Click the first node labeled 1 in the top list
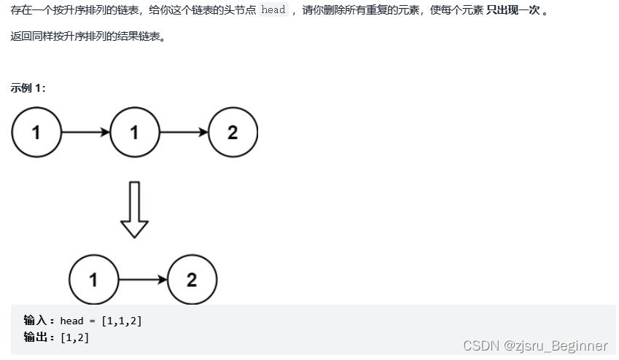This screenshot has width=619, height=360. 36,132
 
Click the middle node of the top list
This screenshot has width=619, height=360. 134,132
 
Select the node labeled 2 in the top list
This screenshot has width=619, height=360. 233,132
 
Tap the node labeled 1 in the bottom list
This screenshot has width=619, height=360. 93,280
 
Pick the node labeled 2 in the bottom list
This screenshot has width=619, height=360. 192,280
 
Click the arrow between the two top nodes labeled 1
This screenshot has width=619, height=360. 85,132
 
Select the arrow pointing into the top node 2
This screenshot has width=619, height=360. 184,132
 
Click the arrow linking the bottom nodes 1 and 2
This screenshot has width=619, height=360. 143,280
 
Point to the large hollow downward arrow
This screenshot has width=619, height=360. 134,210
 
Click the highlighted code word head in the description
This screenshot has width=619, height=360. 273,10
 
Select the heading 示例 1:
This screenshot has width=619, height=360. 28,87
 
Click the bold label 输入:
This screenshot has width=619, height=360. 39,321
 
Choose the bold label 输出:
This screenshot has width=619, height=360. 39,337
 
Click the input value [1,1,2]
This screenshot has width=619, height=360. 121,321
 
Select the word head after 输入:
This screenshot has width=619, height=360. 71,321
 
